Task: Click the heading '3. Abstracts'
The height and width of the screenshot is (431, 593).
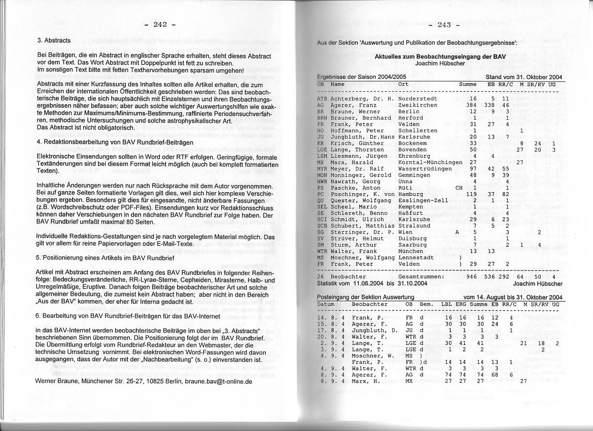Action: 54,40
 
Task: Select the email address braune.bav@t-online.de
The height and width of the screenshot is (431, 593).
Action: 218,380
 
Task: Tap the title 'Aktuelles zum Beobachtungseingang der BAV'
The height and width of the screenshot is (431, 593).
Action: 440,57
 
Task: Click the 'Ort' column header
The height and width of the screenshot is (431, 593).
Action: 403,84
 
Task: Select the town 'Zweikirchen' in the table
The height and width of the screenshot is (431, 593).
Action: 418,105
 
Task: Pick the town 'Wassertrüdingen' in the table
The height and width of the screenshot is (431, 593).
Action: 425,168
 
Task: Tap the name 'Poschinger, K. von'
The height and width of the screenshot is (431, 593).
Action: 362,194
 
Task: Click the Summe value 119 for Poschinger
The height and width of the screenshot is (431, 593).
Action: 471,194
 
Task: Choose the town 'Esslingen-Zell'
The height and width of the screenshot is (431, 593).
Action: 423,200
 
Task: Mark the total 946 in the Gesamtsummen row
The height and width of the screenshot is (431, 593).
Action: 471,277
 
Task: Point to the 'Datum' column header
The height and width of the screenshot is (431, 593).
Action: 327,304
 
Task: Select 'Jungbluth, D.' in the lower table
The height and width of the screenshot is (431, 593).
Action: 374,331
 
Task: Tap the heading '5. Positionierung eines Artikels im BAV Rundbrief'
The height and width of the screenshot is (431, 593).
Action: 105,258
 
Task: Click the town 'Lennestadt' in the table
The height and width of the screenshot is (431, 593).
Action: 416,258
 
